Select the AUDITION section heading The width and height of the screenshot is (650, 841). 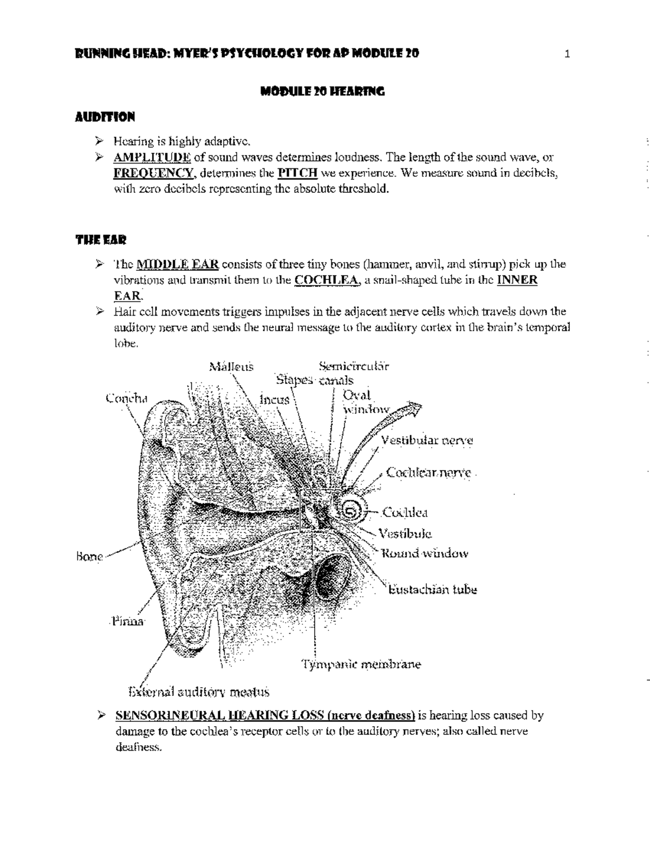[105, 117]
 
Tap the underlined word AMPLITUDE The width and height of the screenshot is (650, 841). [152, 158]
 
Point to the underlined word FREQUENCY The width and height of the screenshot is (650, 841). [153, 174]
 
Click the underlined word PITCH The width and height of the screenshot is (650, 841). [297, 174]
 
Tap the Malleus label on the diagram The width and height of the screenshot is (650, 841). [231, 367]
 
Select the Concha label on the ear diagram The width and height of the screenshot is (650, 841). [126, 399]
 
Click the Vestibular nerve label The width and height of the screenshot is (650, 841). [427, 440]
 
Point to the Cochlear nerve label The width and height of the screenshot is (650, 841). [428, 473]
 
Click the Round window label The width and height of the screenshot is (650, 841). [425, 553]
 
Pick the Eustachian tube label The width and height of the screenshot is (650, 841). [432, 590]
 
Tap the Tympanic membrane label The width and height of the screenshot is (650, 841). [361, 664]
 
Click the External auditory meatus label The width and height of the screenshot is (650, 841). [198, 692]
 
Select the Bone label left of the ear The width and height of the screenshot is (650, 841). [89, 557]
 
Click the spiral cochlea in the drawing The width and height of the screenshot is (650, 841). [350, 511]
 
